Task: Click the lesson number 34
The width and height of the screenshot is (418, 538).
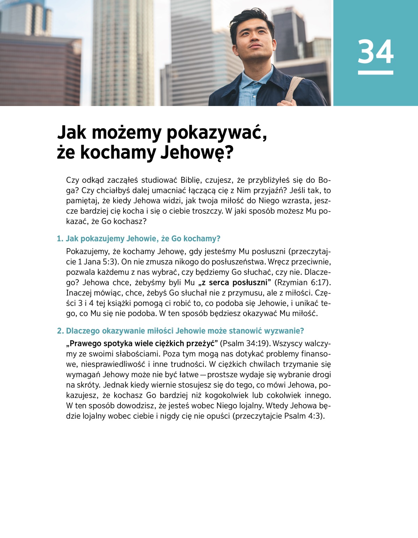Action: point(376,52)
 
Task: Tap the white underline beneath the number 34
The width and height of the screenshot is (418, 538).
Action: point(376,73)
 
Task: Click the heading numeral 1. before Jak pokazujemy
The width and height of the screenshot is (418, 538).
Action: point(60,239)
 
